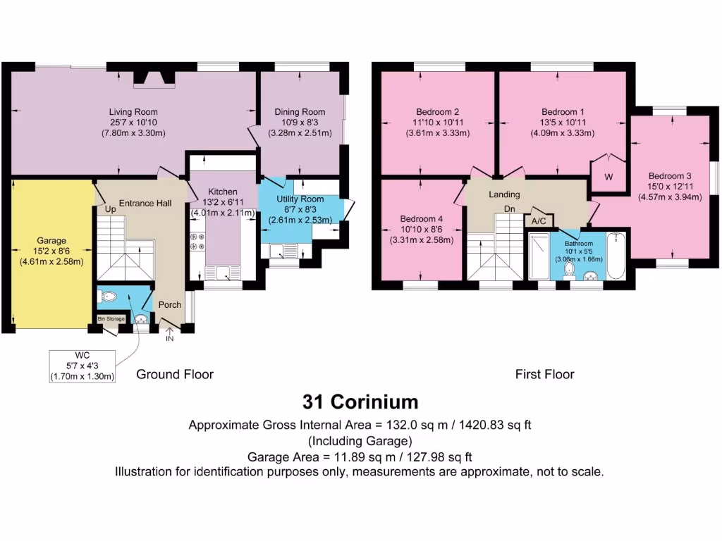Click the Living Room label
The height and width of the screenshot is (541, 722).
tap(133, 112)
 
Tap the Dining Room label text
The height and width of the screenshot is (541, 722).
tap(300, 112)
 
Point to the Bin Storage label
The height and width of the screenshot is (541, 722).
tap(111, 319)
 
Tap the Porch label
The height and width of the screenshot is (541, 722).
tap(169, 305)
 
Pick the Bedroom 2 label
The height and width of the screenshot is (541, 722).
tap(437, 112)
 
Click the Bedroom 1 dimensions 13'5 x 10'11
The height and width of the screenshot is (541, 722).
tap(563, 122)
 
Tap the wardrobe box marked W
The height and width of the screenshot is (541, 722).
tap(608, 176)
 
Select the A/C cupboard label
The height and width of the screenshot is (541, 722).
tap(539, 220)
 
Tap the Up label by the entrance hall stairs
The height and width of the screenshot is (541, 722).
tap(110, 209)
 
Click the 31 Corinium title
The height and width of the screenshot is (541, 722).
tap(360, 402)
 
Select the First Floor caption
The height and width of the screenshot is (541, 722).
tap(544, 374)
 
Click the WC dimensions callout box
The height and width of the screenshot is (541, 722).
tap(82, 365)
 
